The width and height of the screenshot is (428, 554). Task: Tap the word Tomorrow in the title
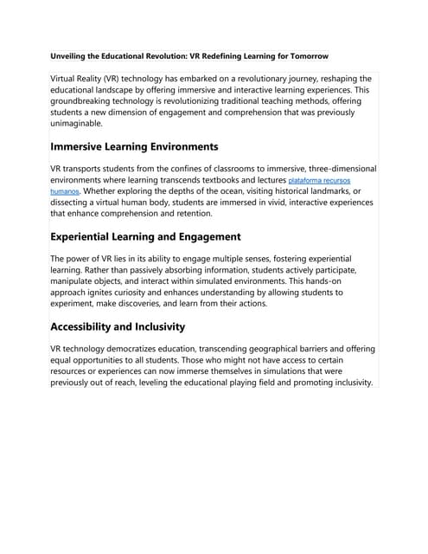pos(304,56)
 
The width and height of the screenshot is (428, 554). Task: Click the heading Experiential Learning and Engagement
pos(145,236)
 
